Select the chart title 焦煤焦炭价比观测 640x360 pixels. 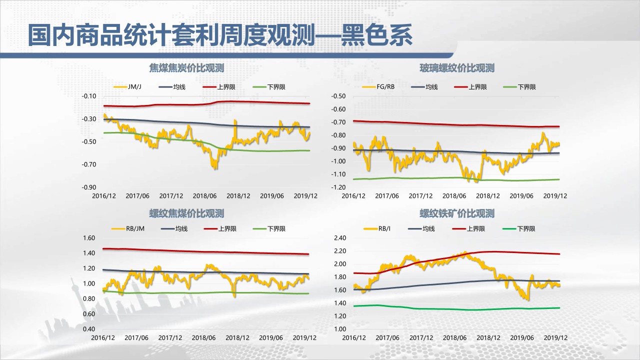[186, 68]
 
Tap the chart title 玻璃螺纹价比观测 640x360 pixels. [456, 68]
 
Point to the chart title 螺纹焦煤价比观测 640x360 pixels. [186, 213]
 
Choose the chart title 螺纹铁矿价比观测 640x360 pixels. [456, 213]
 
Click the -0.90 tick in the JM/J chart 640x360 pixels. [89, 187]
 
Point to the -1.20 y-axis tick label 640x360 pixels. [338, 187]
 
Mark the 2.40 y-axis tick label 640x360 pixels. [339, 238]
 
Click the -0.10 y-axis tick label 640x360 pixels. [89, 96]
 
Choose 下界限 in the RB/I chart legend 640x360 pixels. [526, 229]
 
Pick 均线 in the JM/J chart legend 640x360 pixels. [179, 87]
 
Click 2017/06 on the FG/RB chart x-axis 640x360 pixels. [387, 196]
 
